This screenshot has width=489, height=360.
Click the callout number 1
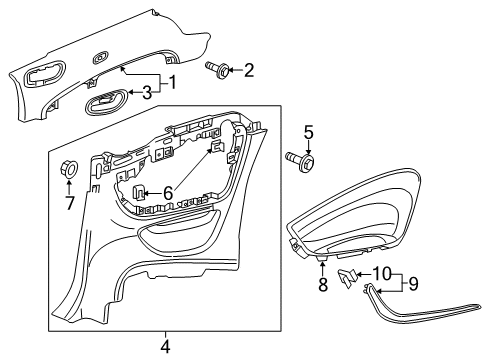172,82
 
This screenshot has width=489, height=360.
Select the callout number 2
249,70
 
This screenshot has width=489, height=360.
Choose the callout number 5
309,131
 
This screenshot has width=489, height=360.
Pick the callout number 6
168,193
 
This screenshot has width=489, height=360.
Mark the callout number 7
69,204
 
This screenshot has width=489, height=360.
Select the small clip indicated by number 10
346,277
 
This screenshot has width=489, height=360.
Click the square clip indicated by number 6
141,192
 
